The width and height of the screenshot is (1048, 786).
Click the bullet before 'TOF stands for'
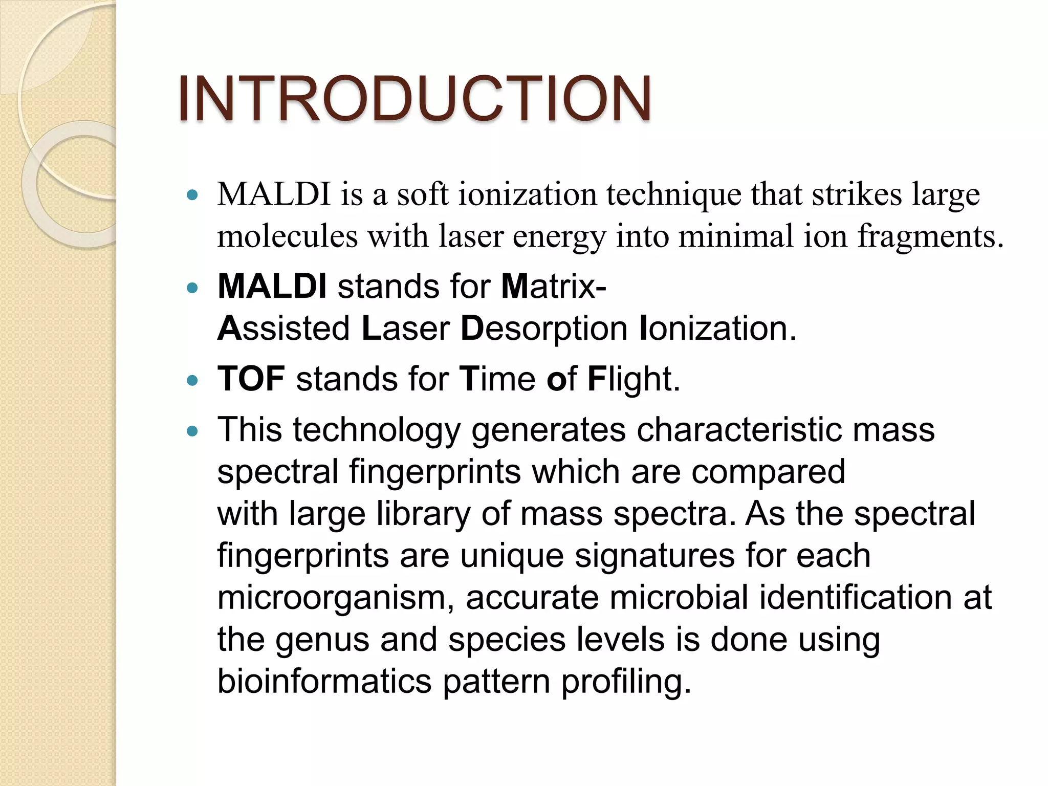pos(192,381)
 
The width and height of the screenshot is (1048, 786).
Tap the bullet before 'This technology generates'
pos(192,431)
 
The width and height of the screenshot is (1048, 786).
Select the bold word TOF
pos(251,379)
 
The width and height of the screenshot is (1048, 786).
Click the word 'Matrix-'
pos(554,286)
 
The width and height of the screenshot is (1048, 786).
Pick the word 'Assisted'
pos(283,328)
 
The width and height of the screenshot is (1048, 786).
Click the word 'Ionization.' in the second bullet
pos(717,328)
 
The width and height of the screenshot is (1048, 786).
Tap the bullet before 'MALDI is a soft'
pos(192,195)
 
